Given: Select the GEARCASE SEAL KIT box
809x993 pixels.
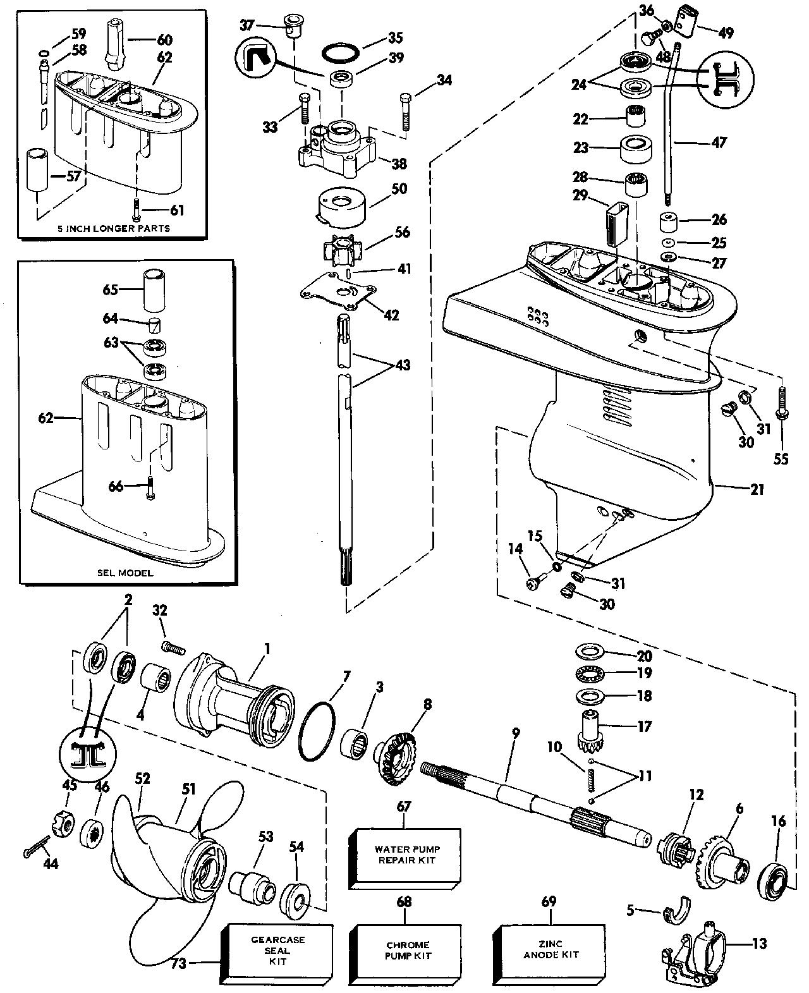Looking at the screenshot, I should tap(278, 951).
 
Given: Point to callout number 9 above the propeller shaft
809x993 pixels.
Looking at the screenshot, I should tap(516, 733).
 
